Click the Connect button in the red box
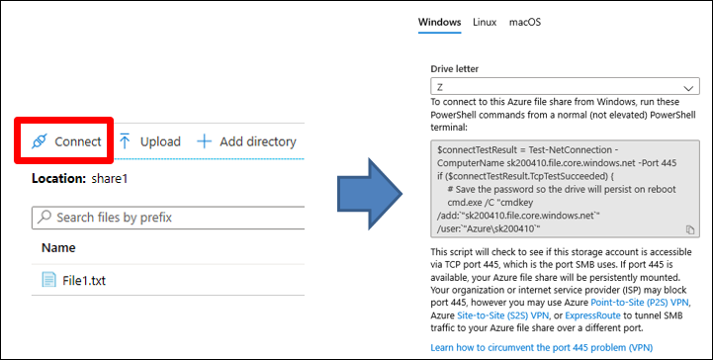[x=66, y=141]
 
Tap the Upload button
[x=149, y=141]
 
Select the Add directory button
[x=246, y=141]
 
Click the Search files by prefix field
[x=168, y=218]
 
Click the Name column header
[x=58, y=247]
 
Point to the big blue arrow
[x=369, y=194]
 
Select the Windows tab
[x=439, y=23]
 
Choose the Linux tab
[x=485, y=23]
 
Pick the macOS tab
[x=525, y=23]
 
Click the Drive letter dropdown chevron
[x=688, y=87]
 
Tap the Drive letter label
[x=455, y=69]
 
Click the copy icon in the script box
[x=690, y=229]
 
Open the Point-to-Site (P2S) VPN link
[x=640, y=303]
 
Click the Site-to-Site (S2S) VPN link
[x=503, y=315]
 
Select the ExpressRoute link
[x=592, y=315]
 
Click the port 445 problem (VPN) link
[x=542, y=348]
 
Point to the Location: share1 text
[x=79, y=179]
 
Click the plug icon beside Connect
[x=40, y=141]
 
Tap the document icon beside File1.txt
[x=48, y=280]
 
